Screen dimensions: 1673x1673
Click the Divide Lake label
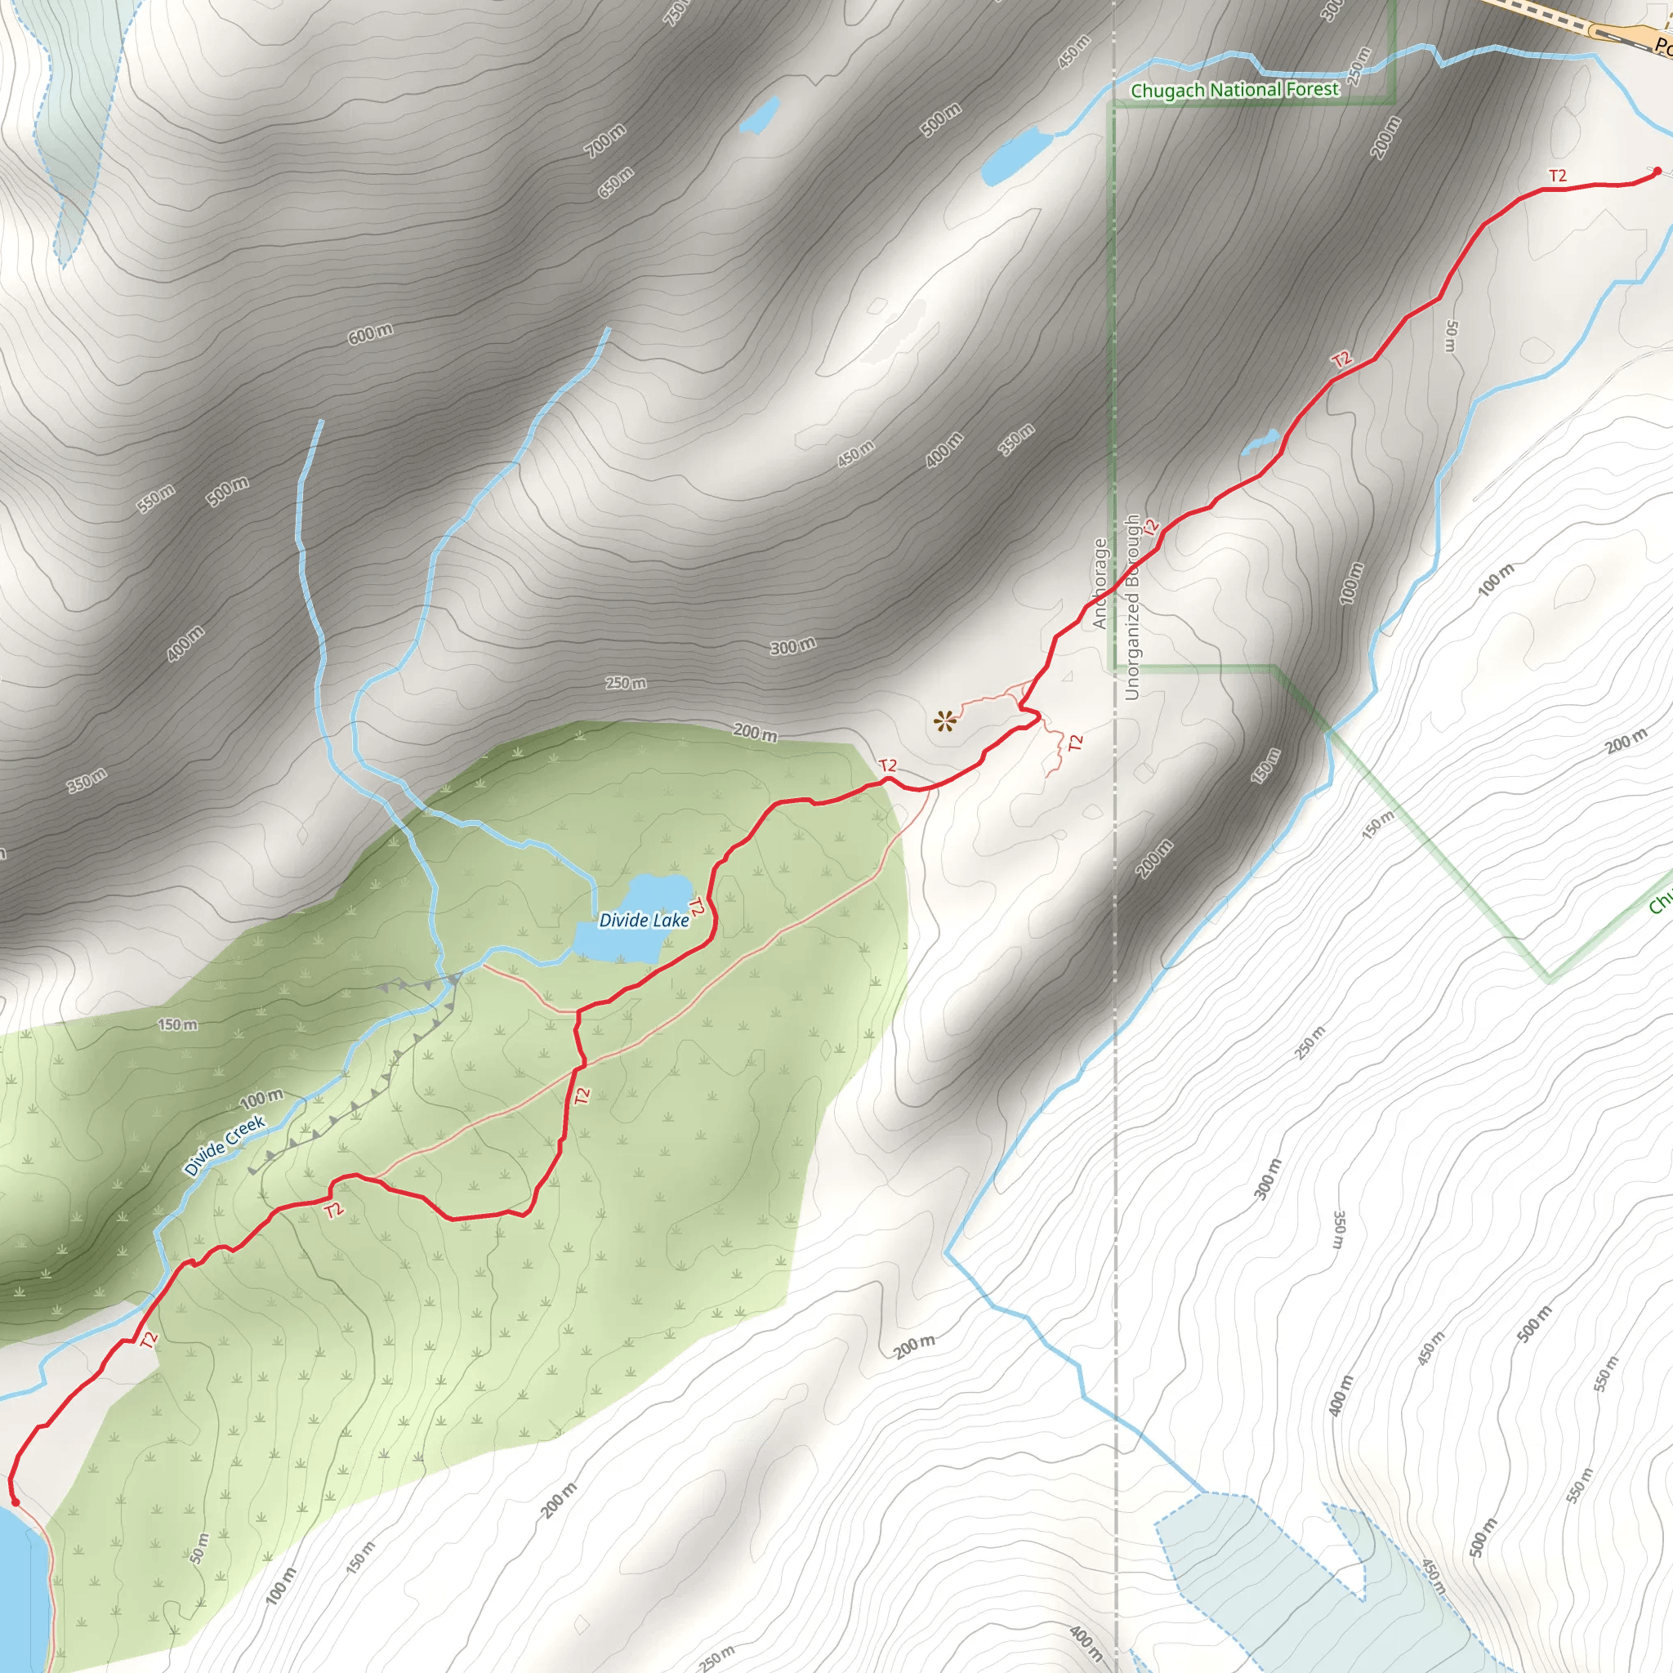pyautogui.click(x=644, y=921)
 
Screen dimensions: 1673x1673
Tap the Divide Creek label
pyautogui.click(x=225, y=1145)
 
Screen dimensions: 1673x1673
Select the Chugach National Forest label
pyautogui.click(x=1234, y=90)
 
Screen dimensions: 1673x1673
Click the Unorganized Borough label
pyautogui.click(x=1131, y=607)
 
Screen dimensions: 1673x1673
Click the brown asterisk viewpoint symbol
pyautogui.click(x=945, y=721)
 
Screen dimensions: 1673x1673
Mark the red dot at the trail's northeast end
pyautogui.click(x=1657, y=172)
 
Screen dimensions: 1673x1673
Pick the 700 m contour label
pyautogui.click(x=605, y=141)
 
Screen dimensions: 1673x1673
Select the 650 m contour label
pyautogui.click(x=616, y=182)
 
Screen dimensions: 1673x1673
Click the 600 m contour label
pyautogui.click(x=370, y=333)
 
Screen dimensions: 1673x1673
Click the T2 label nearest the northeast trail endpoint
pyautogui.click(x=1557, y=176)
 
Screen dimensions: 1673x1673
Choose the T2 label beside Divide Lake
pyautogui.click(x=695, y=907)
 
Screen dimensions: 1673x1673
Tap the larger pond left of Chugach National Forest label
pyautogui.click(x=1014, y=156)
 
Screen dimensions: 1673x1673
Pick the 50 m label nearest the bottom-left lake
pyautogui.click(x=200, y=1548)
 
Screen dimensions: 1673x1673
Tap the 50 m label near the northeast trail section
pyautogui.click(x=1452, y=336)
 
